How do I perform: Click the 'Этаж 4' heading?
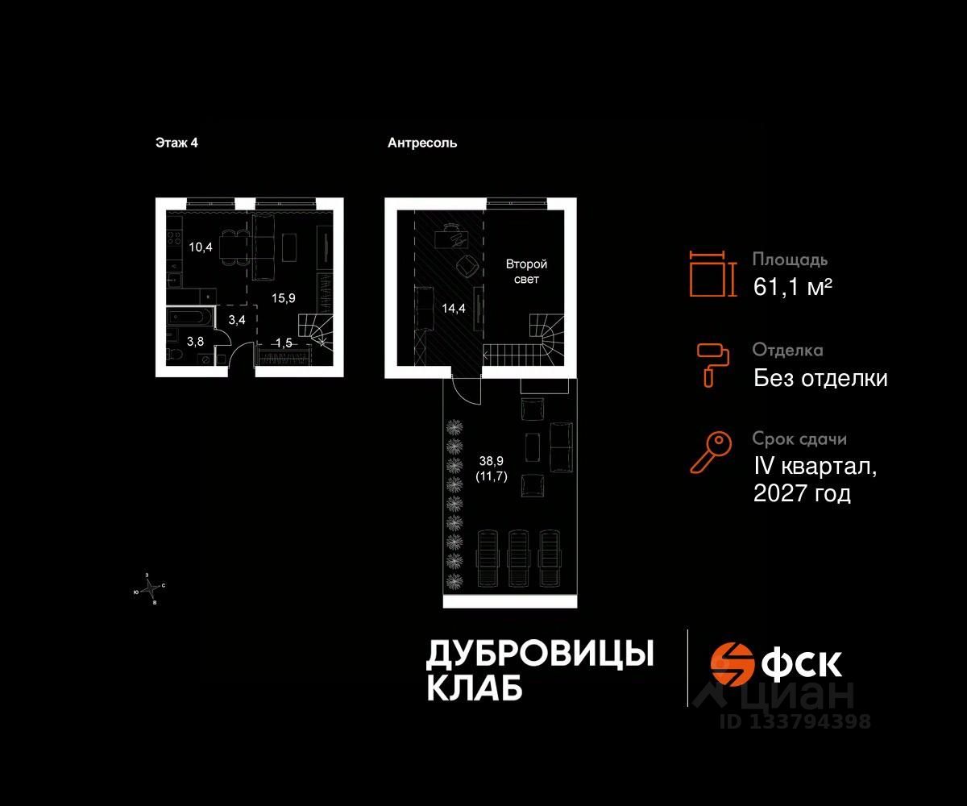[x=176, y=143]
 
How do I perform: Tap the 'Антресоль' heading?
[x=422, y=143]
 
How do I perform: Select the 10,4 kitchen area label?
[x=201, y=247]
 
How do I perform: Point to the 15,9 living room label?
[x=283, y=297]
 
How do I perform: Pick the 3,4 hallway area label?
[x=236, y=320]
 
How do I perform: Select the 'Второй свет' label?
[x=526, y=272]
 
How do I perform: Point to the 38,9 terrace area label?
[x=492, y=462]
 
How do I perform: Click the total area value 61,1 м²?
[x=792, y=285]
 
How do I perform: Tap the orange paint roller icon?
[x=712, y=364]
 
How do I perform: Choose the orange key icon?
[x=711, y=452]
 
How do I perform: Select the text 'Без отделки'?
[x=820, y=377]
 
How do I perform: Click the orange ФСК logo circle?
[x=732, y=663]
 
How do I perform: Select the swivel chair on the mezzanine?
[x=467, y=265]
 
